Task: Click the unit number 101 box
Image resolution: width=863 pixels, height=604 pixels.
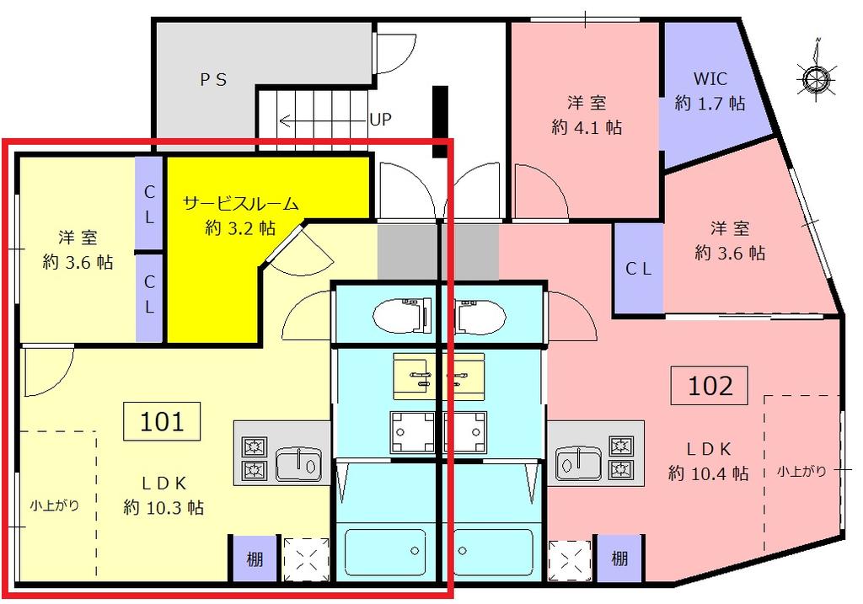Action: pos(161,421)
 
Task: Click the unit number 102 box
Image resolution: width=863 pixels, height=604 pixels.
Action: pos(710,385)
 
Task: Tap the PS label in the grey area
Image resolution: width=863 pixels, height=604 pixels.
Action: pos(213,80)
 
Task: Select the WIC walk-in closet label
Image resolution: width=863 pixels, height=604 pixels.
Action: pos(710,78)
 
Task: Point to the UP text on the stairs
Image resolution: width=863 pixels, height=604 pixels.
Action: pos(380,120)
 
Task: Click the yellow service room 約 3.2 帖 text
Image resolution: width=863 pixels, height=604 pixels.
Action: pos(240,227)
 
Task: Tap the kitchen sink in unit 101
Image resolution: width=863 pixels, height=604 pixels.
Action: pos(298,463)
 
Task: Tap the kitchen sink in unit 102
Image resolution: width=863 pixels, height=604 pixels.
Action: pos(578,463)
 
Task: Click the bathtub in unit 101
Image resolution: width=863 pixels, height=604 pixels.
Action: pos(384,552)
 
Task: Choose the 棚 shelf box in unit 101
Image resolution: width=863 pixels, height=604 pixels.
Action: pos(254,559)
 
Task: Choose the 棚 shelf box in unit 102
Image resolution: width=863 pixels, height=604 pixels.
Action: pos(619,559)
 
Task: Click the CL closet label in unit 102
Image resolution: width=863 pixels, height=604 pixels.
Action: pos(638,269)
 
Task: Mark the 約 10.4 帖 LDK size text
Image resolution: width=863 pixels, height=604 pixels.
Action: pos(708,473)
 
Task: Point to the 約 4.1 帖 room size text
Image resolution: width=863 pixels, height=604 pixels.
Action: pos(587,127)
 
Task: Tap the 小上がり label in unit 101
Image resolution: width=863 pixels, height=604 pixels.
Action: pos(54,505)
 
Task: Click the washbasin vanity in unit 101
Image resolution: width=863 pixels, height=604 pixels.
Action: pos(413,377)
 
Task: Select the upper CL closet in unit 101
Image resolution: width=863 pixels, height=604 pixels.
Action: pos(149,204)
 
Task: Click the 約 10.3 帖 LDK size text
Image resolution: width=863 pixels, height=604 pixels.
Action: pos(163,507)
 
